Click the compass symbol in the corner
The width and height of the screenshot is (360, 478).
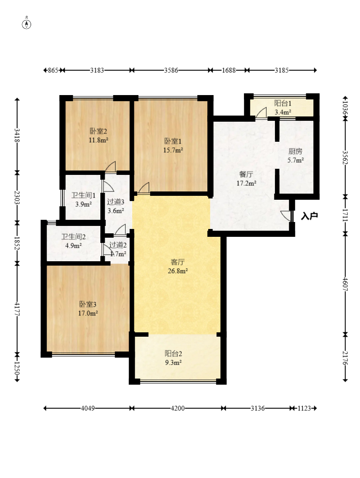click(x=27, y=24)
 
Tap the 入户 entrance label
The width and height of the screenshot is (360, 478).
click(x=309, y=216)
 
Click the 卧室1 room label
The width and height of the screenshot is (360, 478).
click(x=173, y=141)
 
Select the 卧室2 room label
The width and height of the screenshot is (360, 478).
click(x=98, y=131)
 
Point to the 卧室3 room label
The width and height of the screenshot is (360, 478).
click(x=88, y=304)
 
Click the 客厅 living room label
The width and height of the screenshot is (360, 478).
click(x=178, y=262)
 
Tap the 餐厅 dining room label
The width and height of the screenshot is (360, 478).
click(x=246, y=174)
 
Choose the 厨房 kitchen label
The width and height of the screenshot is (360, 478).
click(x=295, y=151)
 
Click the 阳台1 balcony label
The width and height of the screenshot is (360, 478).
click(x=283, y=103)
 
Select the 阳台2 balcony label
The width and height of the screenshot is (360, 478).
click(x=173, y=354)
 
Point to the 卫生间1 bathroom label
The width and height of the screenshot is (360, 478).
click(x=84, y=195)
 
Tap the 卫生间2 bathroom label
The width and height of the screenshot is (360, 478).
click(x=73, y=236)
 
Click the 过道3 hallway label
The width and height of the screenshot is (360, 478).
click(x=116, y=202)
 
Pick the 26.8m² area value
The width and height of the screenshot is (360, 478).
click(x=178, y=271)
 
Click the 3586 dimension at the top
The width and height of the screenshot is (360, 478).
click(x=171, y=70)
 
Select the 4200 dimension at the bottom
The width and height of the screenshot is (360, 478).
click(x=178, y=408)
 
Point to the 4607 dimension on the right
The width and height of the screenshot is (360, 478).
click(x=345, y=284)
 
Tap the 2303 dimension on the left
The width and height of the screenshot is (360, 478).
click(x=17, y=198)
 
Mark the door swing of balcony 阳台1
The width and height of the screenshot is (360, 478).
click(x=261, y=113)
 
